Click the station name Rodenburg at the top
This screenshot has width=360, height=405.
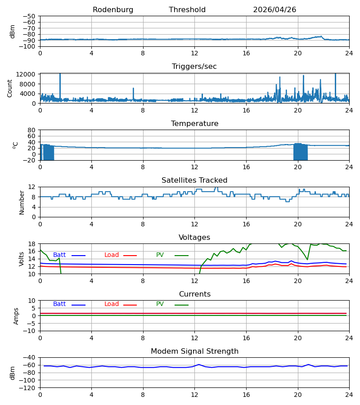click(113, 10)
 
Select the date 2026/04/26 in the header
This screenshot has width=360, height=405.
click(274, 10)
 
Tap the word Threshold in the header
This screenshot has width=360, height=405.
click(187, 10)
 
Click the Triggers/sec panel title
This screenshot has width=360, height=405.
click(194, 67)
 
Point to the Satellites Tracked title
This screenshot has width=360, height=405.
click(194, 180)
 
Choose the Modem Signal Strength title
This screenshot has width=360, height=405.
click(194, 351)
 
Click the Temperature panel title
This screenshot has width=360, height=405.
click(194, 123)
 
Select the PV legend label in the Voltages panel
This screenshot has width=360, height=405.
click(160, 255)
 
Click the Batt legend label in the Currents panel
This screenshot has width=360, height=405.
click(59, 304)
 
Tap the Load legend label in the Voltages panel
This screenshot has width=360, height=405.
click(112, 255)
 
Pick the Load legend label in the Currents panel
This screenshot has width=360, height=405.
click(112, 304)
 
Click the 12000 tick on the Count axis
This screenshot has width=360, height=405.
click(26, 74)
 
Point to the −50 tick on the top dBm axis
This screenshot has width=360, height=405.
click(29, 16)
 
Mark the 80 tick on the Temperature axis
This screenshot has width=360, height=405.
click(31, 130)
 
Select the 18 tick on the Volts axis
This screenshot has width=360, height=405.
click(31, 243)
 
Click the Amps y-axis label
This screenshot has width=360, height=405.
click(16, 316)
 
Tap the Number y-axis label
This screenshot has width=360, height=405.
click(22, 203)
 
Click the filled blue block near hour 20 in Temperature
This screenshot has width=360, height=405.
click(300, 152)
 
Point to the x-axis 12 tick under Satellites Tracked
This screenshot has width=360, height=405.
click(194, 224)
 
